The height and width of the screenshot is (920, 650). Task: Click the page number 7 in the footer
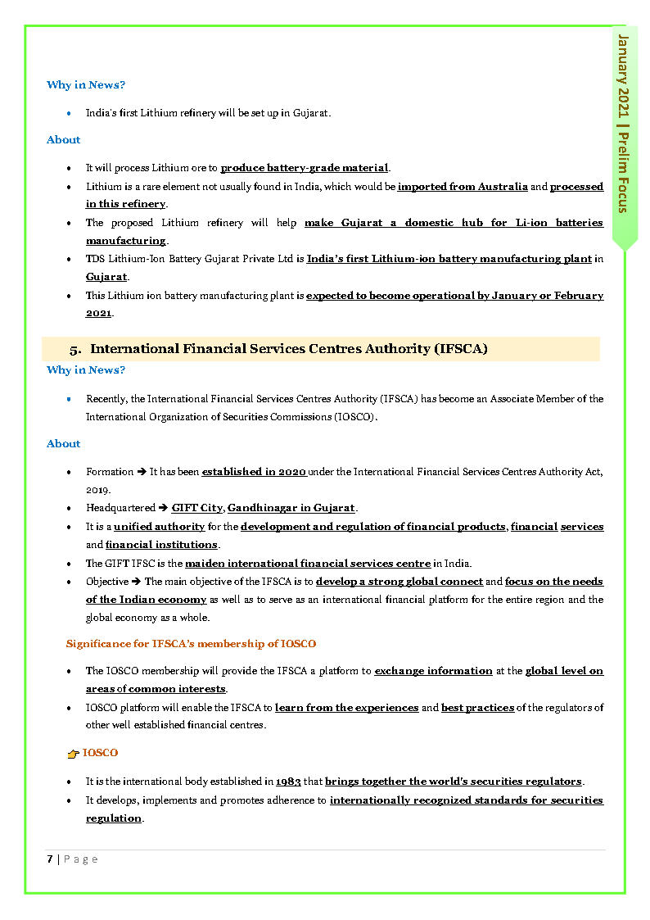(x=50, y=859)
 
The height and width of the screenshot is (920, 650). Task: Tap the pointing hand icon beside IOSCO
(x=73, y=753)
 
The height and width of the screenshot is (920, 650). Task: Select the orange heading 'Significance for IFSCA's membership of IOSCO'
(x=191, y=644)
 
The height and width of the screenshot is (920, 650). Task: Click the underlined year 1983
(x=289, y=782)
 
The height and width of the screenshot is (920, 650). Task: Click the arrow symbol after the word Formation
(x=142, y=472)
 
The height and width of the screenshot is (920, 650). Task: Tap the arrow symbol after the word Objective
(x=137, y=582)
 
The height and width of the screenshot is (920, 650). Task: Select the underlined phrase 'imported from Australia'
(x=463, y=187)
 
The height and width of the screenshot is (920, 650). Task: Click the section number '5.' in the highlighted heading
(x=75, y=349)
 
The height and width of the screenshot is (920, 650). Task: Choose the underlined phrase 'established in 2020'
(x=255, y=472)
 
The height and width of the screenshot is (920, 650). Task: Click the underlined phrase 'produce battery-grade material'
(x=304, y=168)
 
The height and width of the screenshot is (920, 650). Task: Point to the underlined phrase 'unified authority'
(x=159, y=527)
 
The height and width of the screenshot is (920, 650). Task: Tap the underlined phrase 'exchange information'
(x=433, y=671)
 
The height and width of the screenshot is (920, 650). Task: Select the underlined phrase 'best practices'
(x=477, y=707)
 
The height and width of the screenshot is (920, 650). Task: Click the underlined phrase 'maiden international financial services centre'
(x=308, y=564)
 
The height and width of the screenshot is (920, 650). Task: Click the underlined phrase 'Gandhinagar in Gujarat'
(x=291, y=508)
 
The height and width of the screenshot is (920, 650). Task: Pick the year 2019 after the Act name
(x=97, y=489)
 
